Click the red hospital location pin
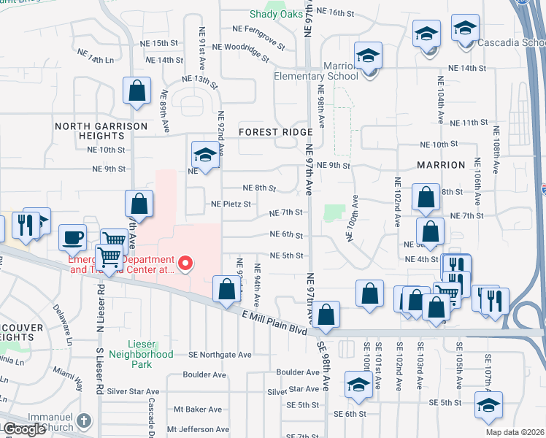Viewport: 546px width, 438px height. click(185, 263)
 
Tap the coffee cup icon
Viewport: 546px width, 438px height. click(73, 237)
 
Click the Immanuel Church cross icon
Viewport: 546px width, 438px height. click(84, 420)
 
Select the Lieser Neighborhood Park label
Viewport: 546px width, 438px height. click(141, 349)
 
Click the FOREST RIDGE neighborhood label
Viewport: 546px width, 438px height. click(275, 132)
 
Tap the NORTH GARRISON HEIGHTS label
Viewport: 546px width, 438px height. click(91, 131)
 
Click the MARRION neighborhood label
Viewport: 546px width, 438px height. click(441, 165)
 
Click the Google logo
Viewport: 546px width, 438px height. click(24, 429)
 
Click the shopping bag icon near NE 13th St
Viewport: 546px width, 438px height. click(136, 91)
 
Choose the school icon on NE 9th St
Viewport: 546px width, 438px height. click(205, 155)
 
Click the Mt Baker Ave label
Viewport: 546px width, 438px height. click(194, 410)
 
